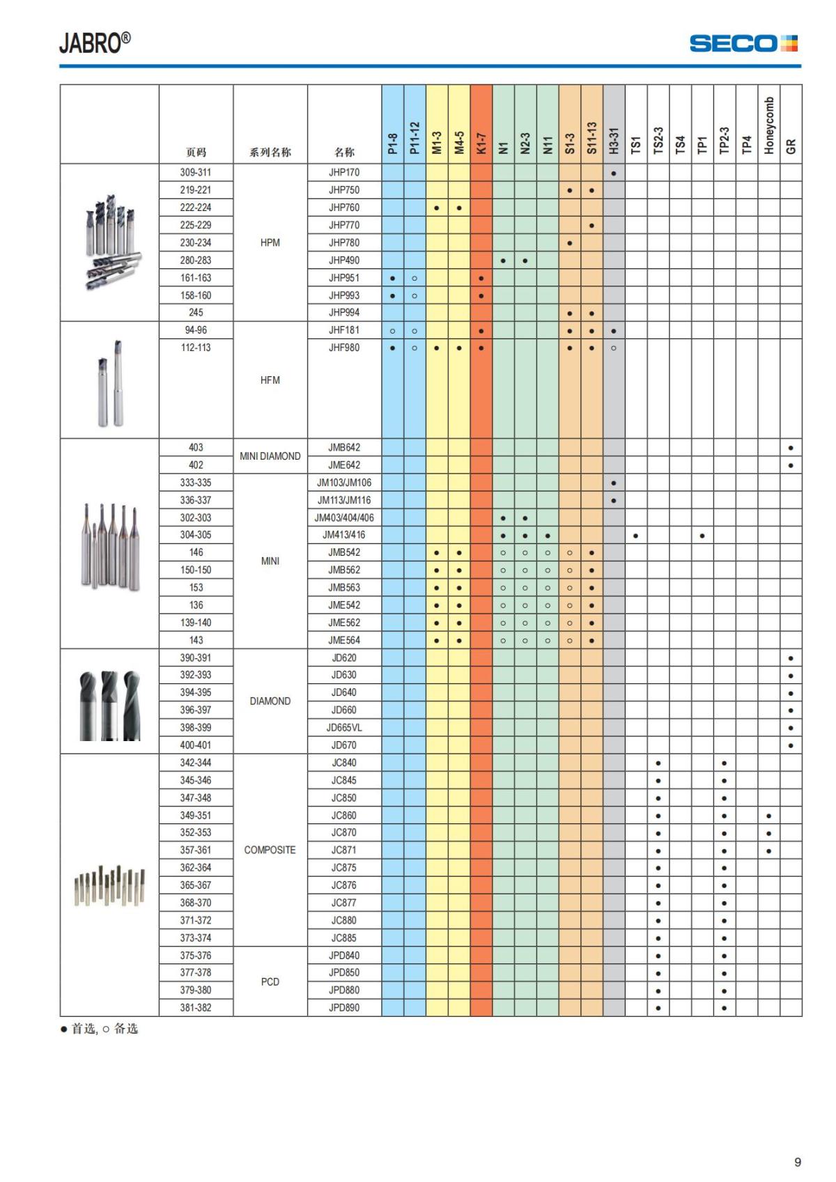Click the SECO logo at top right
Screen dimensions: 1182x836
(x=743, y=43)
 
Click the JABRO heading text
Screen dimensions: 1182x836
(x=94, y=43)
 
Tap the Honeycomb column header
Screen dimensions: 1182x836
(x=768, y=125)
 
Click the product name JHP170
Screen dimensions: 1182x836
(x=344, y=173)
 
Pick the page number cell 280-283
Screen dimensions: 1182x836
(x=196, y=260)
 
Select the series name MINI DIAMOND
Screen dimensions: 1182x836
(x=270, y=456)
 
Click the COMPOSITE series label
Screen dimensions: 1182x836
(x=270, y=850)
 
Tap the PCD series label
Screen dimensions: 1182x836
(x=270, y=981)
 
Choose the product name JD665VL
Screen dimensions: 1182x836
(x=344, y=728)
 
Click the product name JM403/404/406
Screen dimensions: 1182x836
(x=344, y=518)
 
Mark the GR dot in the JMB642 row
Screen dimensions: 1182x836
(x=791, y=448)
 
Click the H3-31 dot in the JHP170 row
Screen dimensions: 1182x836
(x=614, y=173)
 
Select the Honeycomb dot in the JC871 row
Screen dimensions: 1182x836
(x=768, y=850)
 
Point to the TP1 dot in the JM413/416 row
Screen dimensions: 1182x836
(x=702, y=536)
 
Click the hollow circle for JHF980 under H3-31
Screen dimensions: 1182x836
(x=614, y=348)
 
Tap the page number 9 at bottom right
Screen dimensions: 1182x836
(x=798, y=1162)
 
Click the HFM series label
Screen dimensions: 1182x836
(x=270, y=380)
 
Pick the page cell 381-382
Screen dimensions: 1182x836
(x=196, y=1008)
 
